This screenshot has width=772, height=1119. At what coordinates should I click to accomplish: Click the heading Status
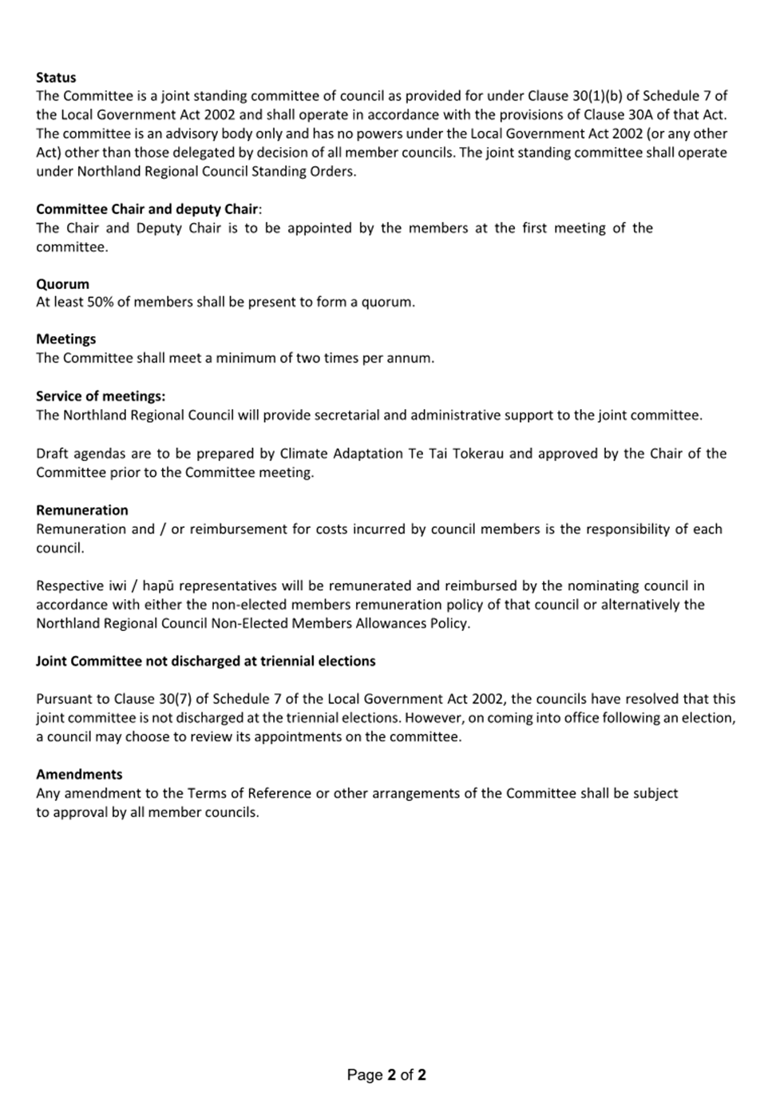pos(56,77)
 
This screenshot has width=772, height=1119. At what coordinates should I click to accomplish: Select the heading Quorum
pos(62,284)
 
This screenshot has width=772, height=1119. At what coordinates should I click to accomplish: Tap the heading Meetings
pos(65,339)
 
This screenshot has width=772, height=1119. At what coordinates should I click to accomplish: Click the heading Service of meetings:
pos(101,396)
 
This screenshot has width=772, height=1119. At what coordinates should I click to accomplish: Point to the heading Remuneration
pos(81,510)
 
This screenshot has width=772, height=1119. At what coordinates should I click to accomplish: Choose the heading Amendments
pos(79,774)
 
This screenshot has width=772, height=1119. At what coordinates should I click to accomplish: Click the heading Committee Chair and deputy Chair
pos(148,209)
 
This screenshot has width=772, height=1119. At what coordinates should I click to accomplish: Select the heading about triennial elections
pos(205,661)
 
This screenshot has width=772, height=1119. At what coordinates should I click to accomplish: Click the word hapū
pos(159,585)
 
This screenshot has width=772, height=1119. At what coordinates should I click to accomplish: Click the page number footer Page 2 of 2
pos(386,1075)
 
